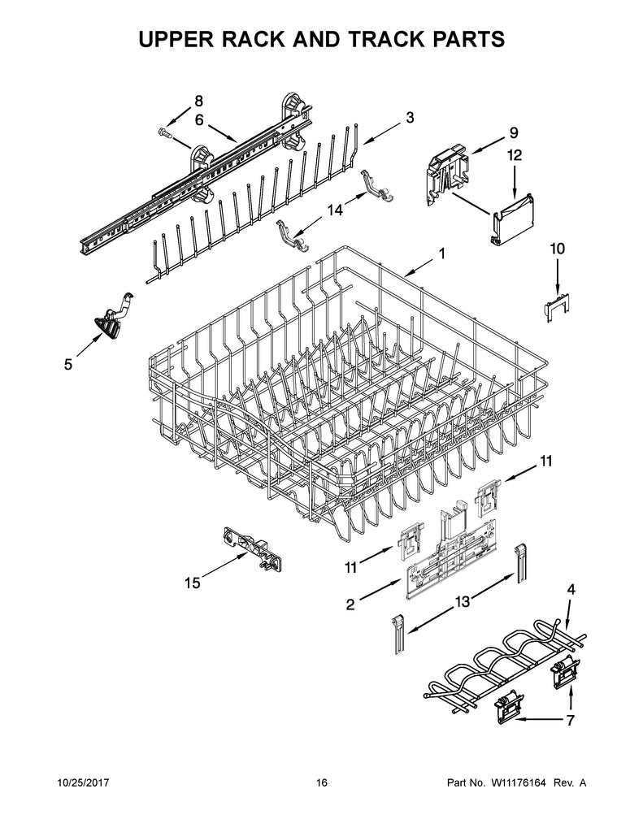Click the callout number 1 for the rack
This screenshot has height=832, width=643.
point(441,253)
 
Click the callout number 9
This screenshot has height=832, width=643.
point(513,132)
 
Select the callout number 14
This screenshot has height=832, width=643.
point(334,209)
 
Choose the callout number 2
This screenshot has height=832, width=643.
point(350,604)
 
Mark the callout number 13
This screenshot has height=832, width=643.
point(462,600)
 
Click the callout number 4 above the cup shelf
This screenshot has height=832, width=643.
point(571,589)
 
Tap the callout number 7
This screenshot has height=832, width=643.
point(571,720)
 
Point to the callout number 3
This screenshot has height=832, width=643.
point(409,118)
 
